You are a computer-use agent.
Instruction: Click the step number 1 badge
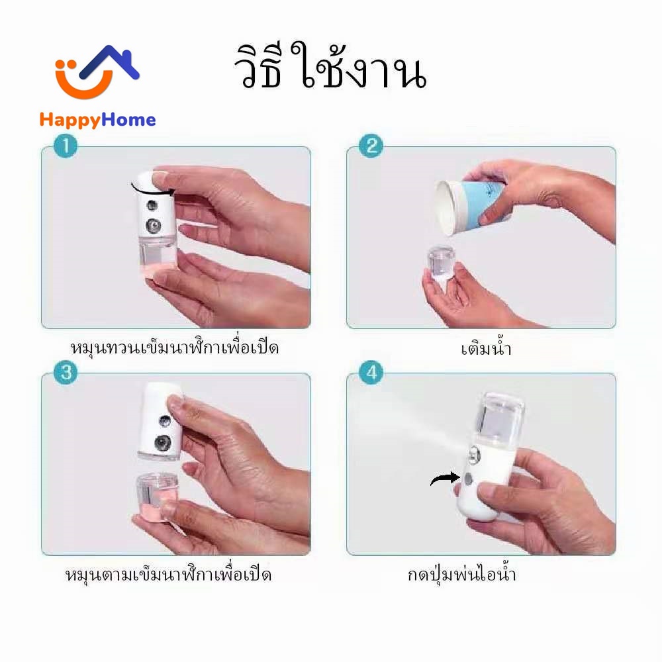(x=66, y=146)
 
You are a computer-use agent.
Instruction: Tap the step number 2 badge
(x=371, y=146)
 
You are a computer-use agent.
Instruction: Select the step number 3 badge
(x=66, y=373)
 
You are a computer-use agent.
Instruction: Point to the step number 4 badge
(x=371, y=373)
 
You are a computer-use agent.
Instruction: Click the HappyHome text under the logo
(x=97, y=120)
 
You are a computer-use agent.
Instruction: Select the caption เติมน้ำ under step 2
(x=487, y=348)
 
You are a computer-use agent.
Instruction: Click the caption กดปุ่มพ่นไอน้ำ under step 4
(x=461, y=574)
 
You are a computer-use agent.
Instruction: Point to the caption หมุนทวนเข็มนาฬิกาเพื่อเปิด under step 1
(x=174, y=348)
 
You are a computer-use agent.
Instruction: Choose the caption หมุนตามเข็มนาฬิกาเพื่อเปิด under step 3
(x=168, y=574)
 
